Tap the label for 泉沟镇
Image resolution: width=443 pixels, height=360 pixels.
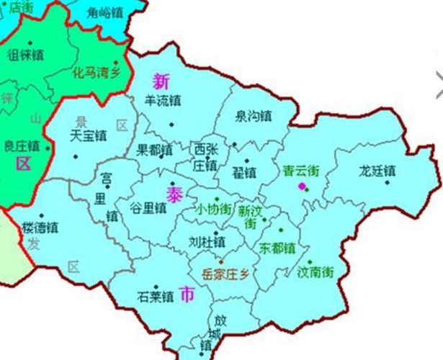(253, 115)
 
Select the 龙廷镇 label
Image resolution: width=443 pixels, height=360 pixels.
(377, 171)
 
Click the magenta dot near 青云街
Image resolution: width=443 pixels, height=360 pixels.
(301, 187)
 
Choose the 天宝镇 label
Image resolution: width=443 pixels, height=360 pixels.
(89, 135)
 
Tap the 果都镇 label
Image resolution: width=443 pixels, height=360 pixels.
(154, 150)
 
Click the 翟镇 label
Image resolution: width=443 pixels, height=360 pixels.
(244, 173)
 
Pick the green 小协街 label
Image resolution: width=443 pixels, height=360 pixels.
(213, 210)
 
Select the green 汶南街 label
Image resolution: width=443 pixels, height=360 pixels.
(316, 273)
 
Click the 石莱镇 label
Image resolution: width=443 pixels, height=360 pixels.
(156, 296)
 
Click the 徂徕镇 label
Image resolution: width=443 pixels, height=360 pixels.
(26, 54)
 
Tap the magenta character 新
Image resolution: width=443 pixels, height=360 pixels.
(161, 80)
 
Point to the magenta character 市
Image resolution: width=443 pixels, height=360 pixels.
(187, 294)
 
